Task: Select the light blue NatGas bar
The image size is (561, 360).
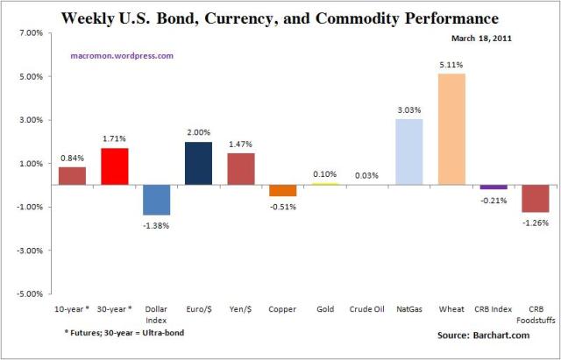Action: coord(409,152)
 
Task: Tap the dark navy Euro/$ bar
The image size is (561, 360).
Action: coord(199,164)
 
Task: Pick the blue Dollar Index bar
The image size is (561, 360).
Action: coord(157,200)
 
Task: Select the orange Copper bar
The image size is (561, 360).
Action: coord(282,191)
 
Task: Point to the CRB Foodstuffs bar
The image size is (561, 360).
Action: coord(535,199)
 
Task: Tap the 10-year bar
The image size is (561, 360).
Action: coord(73,176)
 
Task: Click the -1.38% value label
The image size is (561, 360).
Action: coord(158,225)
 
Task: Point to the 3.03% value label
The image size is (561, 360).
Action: coord(408,110)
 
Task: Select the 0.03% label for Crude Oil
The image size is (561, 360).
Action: coord(366,176)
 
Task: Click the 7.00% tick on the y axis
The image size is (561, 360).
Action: coord(30,33)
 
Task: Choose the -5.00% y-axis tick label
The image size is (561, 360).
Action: coord(28,293)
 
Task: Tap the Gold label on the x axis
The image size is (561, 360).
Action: coord(324,310)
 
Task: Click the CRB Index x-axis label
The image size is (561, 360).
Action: coord(493,310)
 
